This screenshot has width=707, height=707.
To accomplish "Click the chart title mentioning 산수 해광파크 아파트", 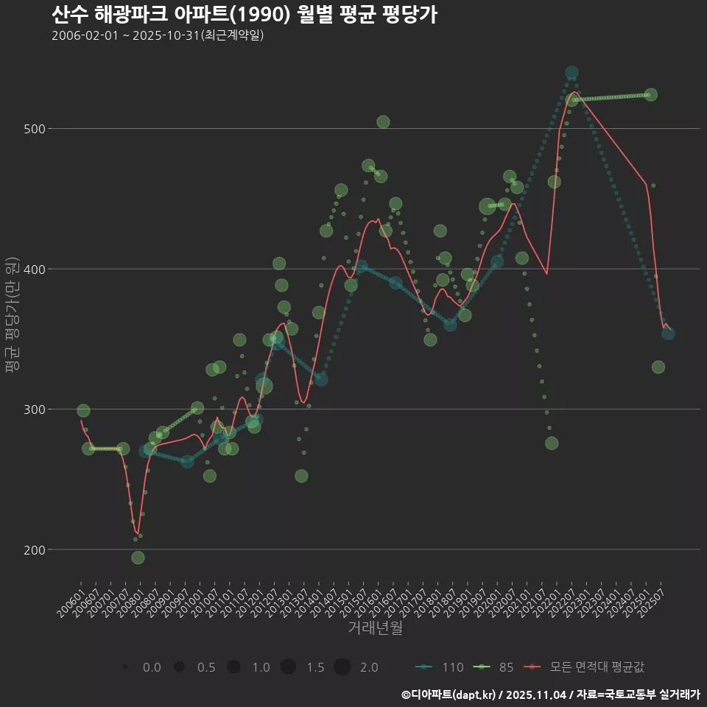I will pyautogui.click(x=245, y=14).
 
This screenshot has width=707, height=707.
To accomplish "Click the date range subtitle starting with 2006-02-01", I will pyautogui.click(x=158, y=36).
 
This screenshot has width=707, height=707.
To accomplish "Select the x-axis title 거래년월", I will pyautogui.click(x=375, y=628).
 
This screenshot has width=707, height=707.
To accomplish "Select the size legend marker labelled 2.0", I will pyautogui.click(x=342, y=667).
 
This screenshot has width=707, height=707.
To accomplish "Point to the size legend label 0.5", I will pyautogui.click(x=206, y=667).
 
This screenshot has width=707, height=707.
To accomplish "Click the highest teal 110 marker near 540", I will pyautogui.click(x=571, y=73).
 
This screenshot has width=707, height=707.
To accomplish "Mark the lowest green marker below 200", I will pyautogui.click(x=138, y=557).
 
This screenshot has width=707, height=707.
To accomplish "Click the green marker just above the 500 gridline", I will pyautogui.click(x=383, y=122).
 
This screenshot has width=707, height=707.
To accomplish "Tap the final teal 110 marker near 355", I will pyautogui.click(x=668, y=334).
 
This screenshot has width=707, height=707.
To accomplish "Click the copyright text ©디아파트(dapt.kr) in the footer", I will pyautogui.click(x=449, y=694).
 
